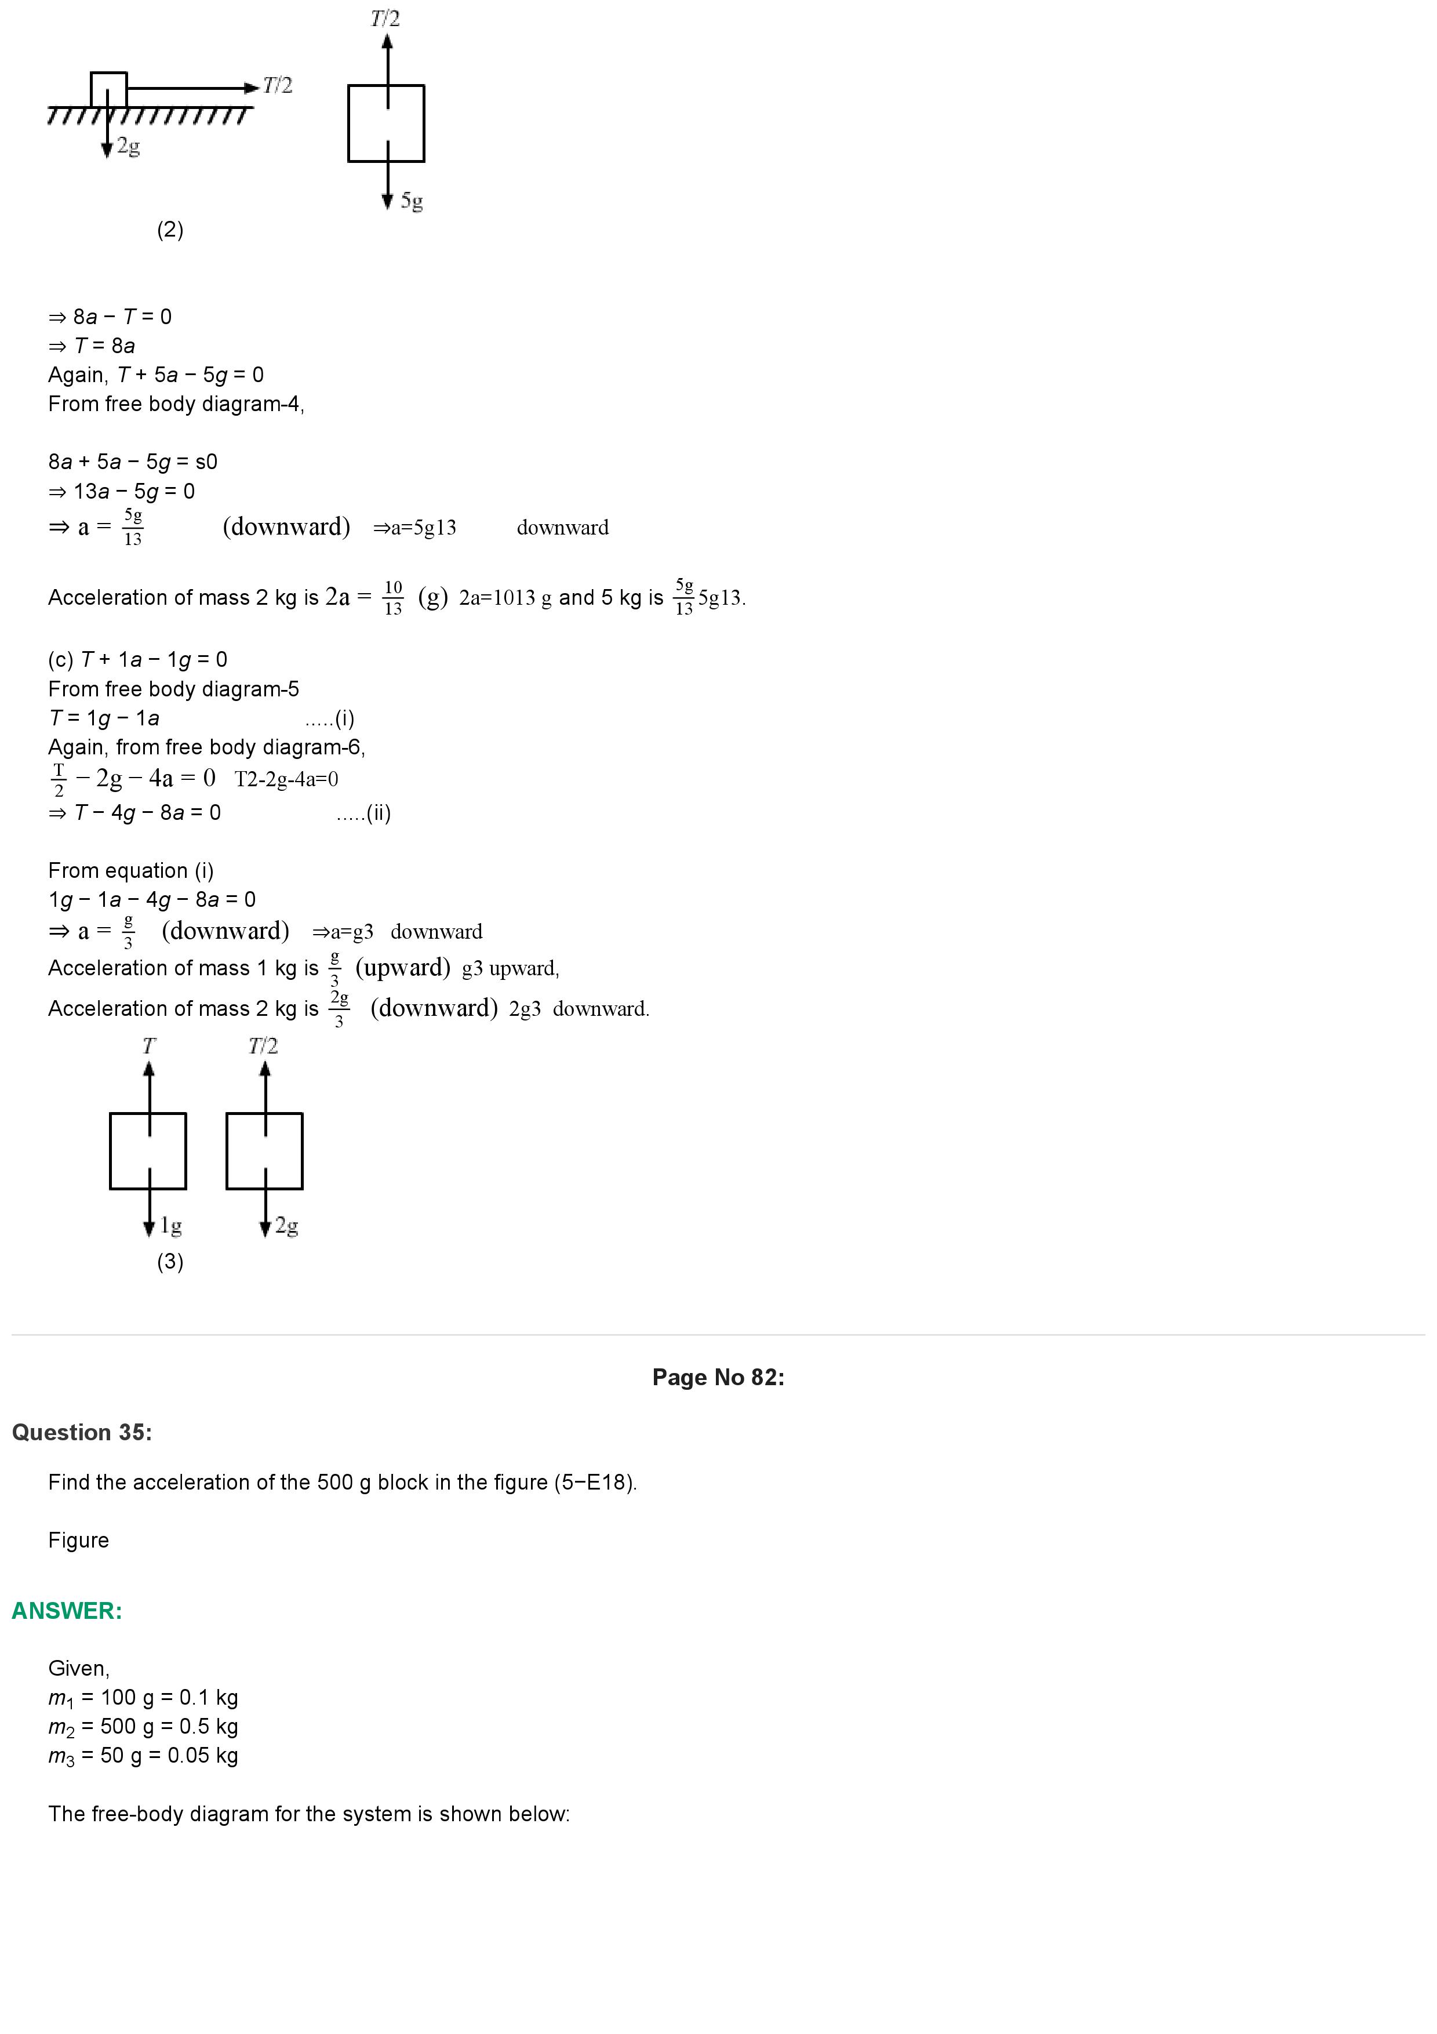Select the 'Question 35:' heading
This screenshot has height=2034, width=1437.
82,1433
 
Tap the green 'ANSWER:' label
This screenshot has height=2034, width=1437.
67,1611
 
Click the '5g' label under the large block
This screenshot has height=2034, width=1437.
412,201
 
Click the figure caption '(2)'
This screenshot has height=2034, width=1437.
170,230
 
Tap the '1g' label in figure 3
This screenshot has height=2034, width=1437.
171,1226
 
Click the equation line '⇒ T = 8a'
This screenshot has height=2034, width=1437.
92,346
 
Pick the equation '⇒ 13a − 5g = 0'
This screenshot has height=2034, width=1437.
121,491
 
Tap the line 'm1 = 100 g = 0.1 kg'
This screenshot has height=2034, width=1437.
143,1697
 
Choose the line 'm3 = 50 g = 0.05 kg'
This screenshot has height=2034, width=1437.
143,1755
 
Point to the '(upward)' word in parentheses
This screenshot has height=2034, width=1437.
403,967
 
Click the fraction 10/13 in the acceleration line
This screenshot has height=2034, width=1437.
393,597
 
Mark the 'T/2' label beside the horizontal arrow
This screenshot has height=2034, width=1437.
277,86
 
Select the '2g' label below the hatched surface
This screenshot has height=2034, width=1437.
128,146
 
